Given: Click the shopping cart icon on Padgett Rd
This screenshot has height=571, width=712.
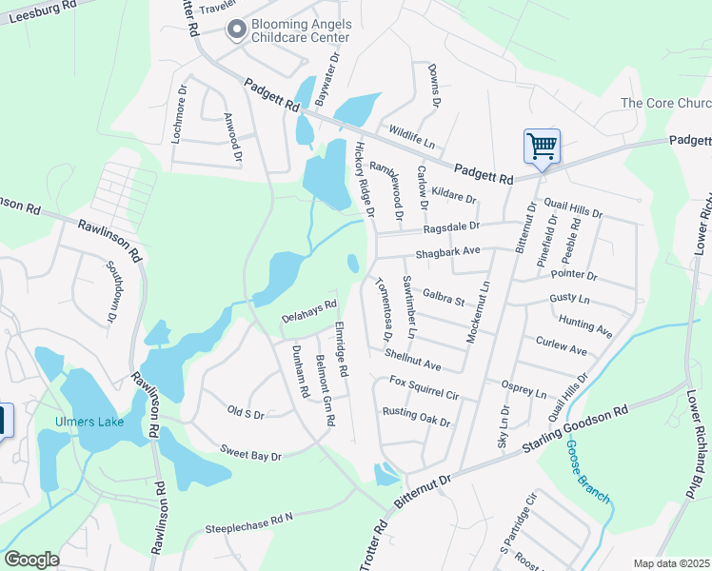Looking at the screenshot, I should point(542,147).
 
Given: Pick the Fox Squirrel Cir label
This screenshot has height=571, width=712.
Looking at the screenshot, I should point(425,387).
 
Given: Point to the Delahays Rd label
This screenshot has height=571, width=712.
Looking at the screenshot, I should point(309,311).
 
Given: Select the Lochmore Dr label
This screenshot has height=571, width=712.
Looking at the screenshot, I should point(179,113).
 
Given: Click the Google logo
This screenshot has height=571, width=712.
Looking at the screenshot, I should point(31,560).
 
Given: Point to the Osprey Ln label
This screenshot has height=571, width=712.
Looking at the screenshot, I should point(524,388).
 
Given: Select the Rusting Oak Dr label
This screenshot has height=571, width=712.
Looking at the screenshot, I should point(415,414).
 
